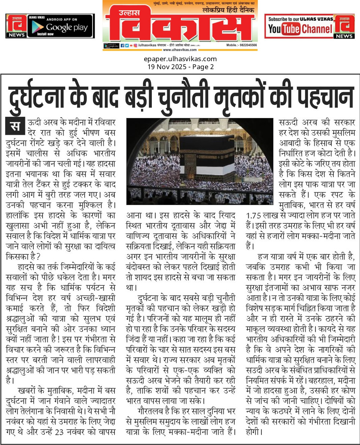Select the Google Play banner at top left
coord(50,26)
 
